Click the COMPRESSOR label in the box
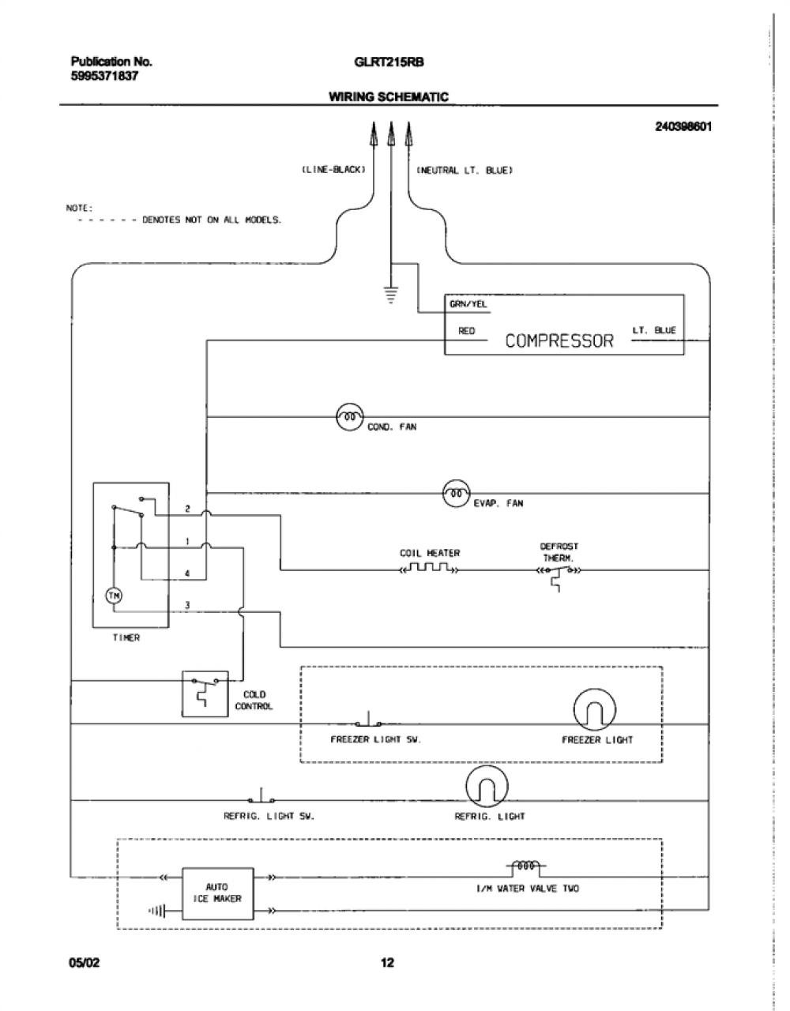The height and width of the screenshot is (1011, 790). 559,341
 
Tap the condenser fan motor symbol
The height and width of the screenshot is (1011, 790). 349,417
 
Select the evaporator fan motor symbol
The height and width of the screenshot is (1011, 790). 457,493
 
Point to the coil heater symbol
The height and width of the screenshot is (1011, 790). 429,569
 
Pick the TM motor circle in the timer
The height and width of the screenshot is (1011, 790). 114,596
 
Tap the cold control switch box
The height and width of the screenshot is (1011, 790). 205,693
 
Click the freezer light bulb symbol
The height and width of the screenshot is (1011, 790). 594,710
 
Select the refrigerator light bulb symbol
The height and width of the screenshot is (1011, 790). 487,786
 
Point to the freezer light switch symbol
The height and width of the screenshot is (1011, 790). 368,720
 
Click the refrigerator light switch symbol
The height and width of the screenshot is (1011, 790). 261,795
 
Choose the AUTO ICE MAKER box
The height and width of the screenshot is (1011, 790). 218,893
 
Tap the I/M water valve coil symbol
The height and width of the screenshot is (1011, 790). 526,866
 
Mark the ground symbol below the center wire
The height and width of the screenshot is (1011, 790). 391,295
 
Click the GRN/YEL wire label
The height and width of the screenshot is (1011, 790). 468,304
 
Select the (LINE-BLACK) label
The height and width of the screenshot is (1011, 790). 333,170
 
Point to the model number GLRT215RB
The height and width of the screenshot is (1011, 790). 389,62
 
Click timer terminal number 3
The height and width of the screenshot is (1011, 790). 187,605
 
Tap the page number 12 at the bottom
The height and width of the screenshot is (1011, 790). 388,962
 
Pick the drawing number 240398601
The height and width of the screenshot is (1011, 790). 683,126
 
